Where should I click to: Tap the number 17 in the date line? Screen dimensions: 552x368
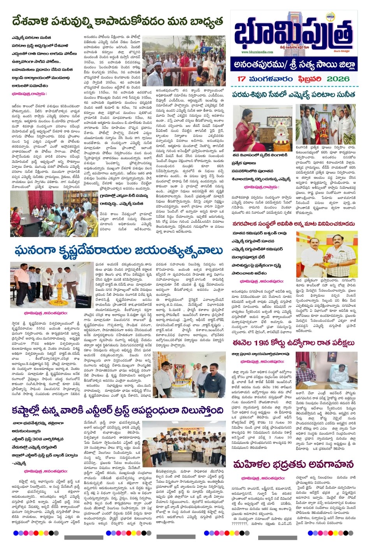[241, 79]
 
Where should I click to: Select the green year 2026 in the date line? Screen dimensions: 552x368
[338, 79]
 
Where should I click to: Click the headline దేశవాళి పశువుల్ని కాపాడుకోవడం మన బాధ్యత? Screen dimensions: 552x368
[118, 21]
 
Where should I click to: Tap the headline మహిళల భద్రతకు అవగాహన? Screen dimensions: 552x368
[293, 464]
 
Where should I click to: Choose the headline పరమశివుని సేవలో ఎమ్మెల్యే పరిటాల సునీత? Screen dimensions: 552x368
[293, 95]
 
